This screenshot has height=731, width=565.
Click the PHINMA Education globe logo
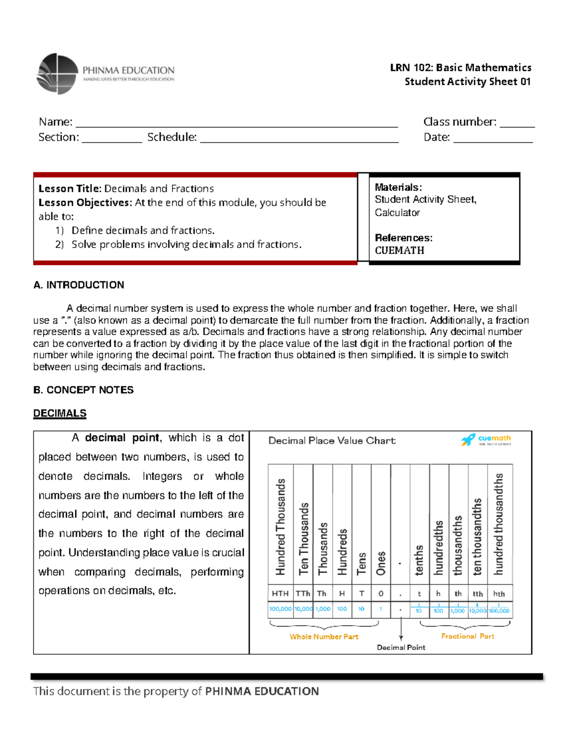(57, 74)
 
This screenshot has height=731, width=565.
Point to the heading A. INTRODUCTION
(79, 285)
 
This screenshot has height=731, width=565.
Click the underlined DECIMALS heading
(60, 413)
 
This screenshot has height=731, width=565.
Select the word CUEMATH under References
(399, 250)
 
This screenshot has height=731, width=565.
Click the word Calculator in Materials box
(397, 213)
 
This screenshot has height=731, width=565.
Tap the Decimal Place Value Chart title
(331, 441)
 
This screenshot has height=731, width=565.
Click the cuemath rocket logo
(468, 440)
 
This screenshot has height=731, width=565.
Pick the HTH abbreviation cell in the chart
(280, 594)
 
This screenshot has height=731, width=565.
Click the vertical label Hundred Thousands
(281, 527)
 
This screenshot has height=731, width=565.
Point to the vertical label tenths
(419, 560)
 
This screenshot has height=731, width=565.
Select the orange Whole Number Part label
(324, 636)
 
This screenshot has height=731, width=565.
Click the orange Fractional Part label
(468, 636)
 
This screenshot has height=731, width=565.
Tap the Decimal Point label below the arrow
(401, 648)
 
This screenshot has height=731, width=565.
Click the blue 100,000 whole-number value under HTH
(280, 609)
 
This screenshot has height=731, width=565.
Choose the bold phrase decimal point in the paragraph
(122, 438)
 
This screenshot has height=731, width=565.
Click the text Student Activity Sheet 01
(468, 82)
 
